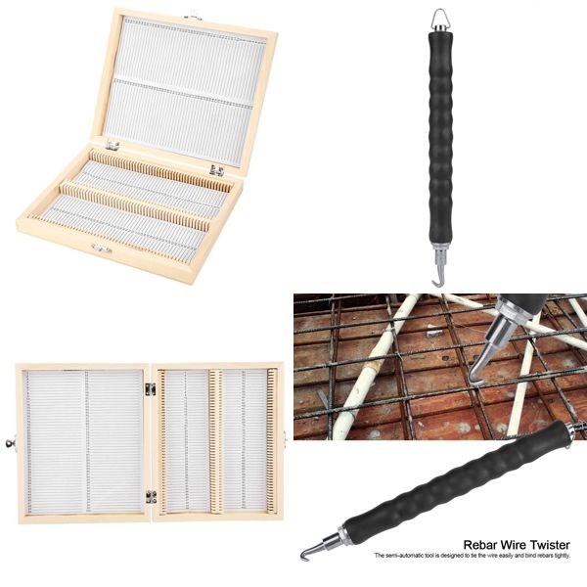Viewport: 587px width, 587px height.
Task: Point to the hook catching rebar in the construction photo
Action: click(x=475, y=371)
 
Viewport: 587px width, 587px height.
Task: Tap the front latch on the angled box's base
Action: click(x=99, y=248)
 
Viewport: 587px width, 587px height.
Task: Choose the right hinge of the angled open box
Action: click(x=215, y=170)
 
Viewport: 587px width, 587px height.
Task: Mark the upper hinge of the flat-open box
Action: click(x=151, y=389)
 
